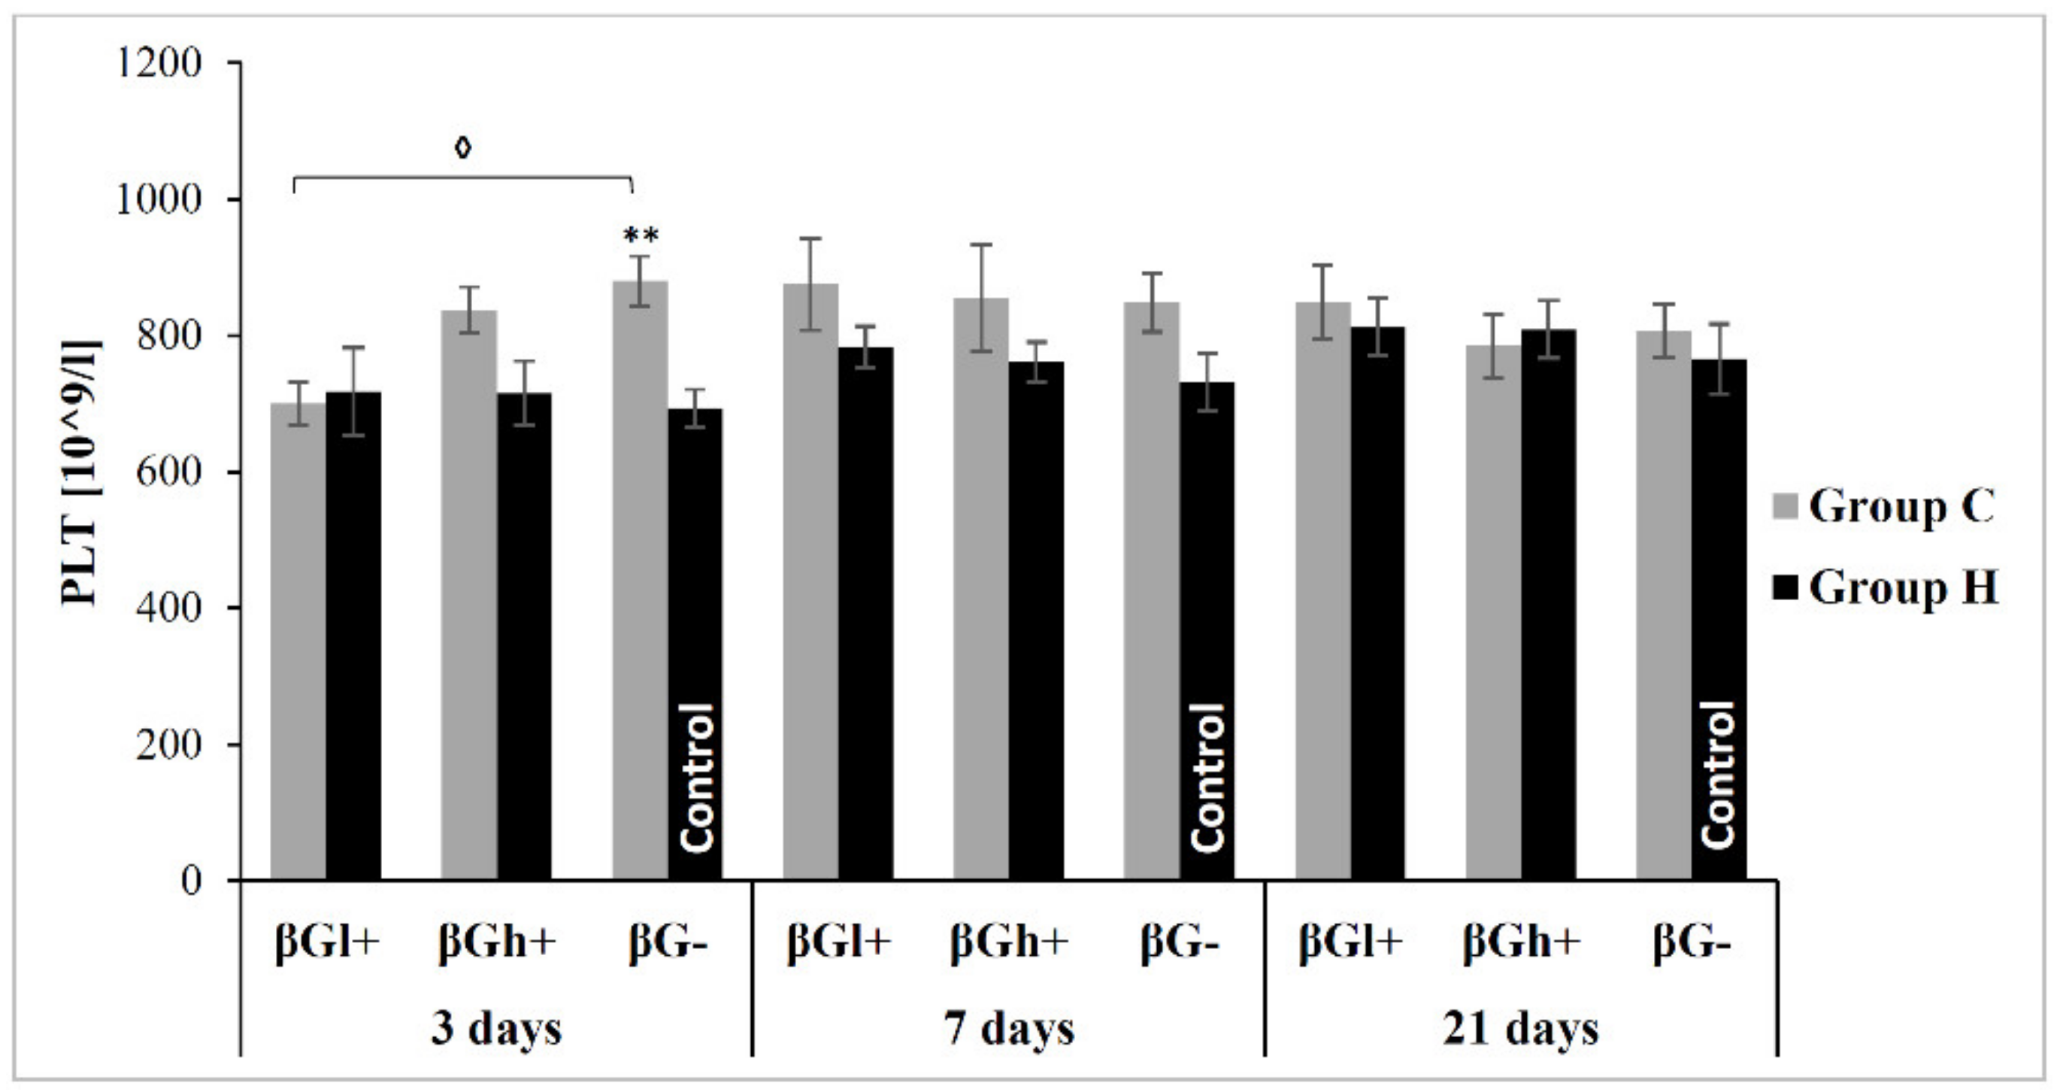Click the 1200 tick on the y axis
tap(159, 62)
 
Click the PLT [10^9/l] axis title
tap(80, 473)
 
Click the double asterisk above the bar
tap(641, 236)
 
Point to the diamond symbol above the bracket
tap(463, 148)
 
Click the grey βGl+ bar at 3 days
tap(298, 640)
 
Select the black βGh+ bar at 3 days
tap(524, 636)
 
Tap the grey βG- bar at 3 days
tap(640, 580)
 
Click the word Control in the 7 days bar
tap(1207, 776)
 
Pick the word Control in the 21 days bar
tap(1718, 775)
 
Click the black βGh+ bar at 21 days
tap(1548, 604)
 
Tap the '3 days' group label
tap(495, 1028)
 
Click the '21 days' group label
tap(1520, 1028)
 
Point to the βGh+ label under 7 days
tap(1008, 942)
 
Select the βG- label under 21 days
tap(1692, 942)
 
